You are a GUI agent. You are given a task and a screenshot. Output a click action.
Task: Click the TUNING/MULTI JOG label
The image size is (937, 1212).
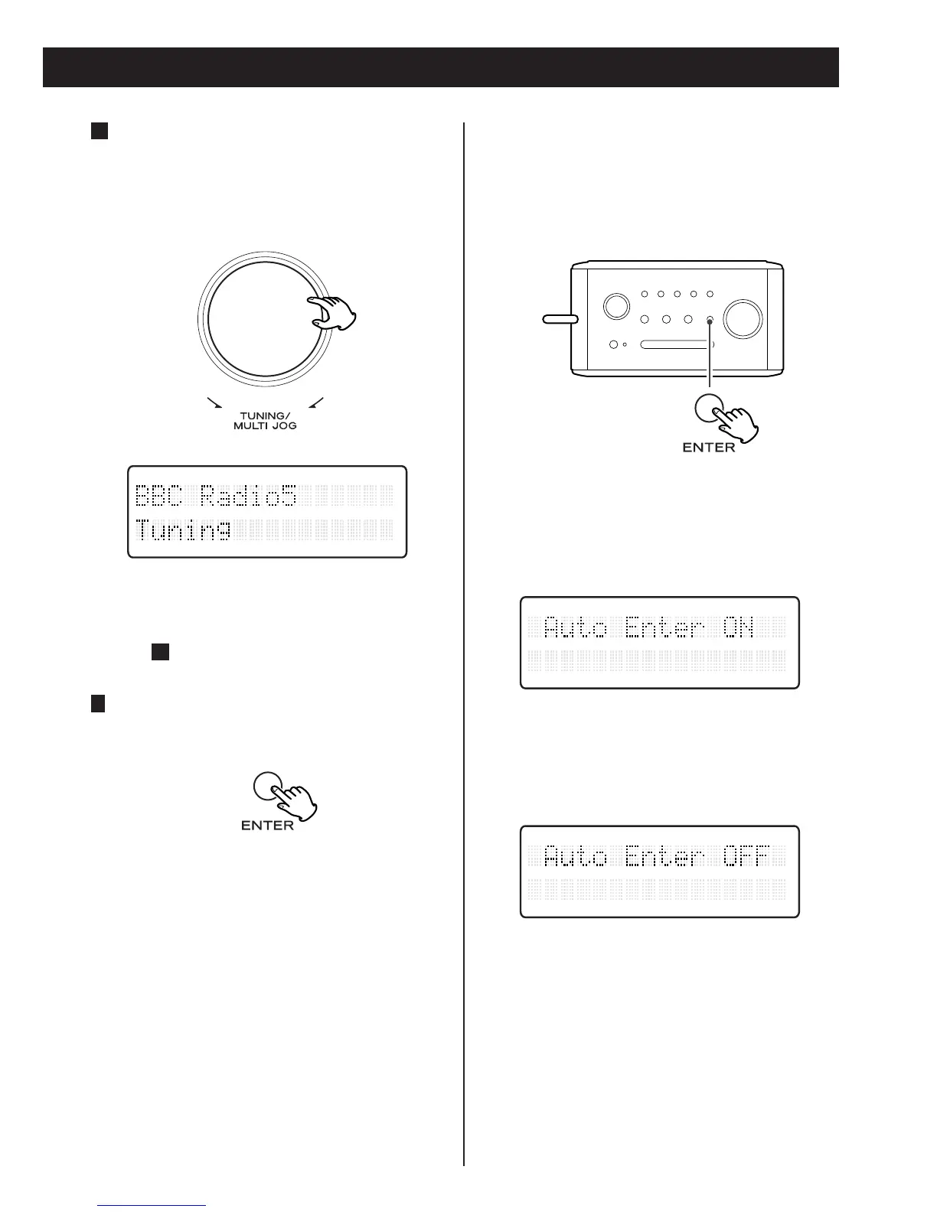265,421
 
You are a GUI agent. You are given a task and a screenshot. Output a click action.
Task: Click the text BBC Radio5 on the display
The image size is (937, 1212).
216,497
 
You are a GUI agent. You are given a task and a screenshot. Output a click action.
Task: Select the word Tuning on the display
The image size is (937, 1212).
184,529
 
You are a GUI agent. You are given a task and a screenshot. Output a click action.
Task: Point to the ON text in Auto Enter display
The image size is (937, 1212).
739,628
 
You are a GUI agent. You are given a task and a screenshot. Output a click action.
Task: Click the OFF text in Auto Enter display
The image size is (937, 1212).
745,856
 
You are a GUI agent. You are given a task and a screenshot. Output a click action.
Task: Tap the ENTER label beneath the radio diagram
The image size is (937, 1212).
708,447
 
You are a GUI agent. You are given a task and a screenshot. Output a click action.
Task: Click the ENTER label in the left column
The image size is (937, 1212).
267,826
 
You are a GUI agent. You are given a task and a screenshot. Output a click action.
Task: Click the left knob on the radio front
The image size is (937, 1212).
615,306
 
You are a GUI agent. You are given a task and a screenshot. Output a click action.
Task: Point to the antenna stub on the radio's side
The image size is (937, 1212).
560,319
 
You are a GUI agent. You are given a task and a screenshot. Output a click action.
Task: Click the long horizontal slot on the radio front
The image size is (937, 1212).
675,344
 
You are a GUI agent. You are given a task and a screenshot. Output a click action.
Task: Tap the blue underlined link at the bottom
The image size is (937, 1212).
152,1206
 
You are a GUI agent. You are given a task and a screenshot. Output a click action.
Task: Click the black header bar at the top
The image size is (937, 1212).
441,67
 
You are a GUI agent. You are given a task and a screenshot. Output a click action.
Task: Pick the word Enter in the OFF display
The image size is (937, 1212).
664,856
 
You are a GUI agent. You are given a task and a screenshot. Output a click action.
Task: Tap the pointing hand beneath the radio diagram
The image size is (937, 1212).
735,423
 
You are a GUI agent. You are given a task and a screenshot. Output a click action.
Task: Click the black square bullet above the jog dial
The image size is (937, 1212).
98,131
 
